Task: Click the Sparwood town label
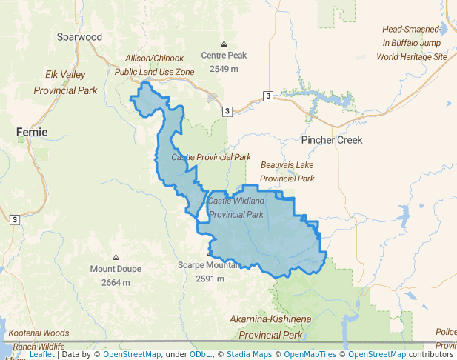80,36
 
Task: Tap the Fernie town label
32,132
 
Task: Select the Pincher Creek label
332,140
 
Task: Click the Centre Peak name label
224,56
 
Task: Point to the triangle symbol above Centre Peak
224,44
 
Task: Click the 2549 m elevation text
224,69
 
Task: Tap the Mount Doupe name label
116,268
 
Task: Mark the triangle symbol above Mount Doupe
116,256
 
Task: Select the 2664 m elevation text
116,282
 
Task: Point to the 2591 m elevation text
210,279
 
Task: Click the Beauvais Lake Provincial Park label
287,171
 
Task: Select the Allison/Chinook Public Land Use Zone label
154,64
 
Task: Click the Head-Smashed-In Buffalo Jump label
412,43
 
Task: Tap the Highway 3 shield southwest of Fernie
14,219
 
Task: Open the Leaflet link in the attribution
42,354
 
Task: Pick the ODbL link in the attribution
200,354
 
